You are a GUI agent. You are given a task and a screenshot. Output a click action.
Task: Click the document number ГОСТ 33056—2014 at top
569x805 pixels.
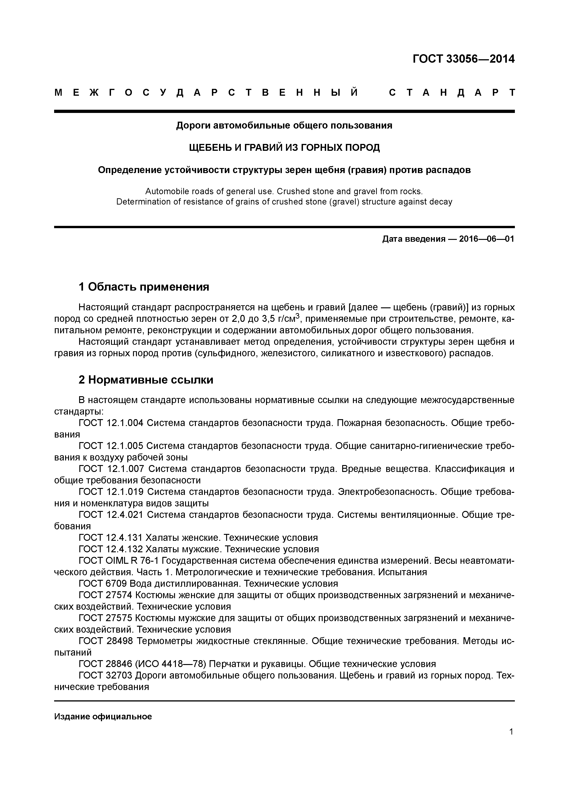[463, 59]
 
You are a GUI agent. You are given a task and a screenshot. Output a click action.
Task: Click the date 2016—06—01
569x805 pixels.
[486, 239]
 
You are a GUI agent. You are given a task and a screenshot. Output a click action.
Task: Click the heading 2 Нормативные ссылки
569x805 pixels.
[146, 380]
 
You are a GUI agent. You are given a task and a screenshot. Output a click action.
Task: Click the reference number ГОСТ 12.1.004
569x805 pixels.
[111, 423]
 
